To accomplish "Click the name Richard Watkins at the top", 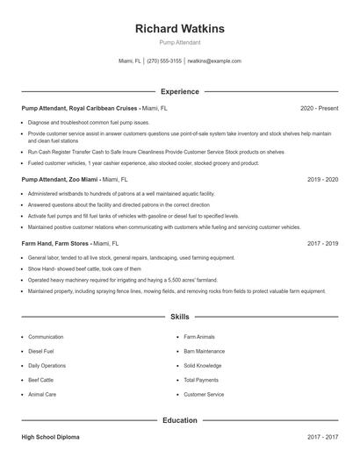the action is click(x=179, y=29).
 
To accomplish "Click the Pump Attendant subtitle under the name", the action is click(x=179, y=42).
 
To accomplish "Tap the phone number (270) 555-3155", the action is click(x=164, y=61).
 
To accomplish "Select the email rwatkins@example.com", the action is click(x=214, y=61).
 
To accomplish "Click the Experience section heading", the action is click(x=179, y=91).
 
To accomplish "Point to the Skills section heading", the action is click(x=179, y=316).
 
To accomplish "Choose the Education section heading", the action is click(x=179, y=420).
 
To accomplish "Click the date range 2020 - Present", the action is click(x=319, y=108).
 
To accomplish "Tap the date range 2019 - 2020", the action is click(x=322, y=179).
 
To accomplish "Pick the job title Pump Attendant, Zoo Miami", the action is click(x=58, y=179).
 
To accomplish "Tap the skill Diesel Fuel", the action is click(x=42, y=351).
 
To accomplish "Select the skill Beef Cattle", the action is click(x=40, y=380).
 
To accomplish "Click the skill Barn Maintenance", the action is click(x=205, y=351).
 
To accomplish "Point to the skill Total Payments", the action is click(x=201, y=380).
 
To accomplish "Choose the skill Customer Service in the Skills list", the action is click(x=204, y=395).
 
